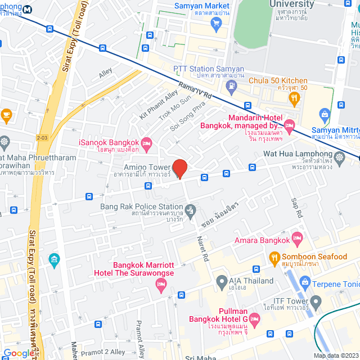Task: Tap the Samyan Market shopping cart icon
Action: tap(215, 23)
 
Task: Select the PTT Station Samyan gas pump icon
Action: tap(231, 85)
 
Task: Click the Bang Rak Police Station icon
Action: tap(191, 211)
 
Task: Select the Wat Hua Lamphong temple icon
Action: tap(339, 157)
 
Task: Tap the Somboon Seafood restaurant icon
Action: tap(274, 257)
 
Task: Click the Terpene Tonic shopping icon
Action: tap(305, 281)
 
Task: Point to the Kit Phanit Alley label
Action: tap(159, 105)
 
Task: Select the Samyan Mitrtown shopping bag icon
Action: tap(325, 115)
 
